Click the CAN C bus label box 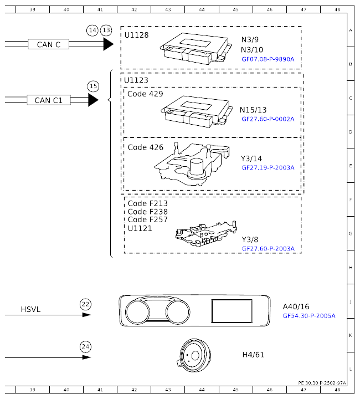coord(48,44)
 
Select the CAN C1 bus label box coord(49,100)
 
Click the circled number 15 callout coord(93,86)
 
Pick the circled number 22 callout coord(85,304)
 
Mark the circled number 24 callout coord(85,347)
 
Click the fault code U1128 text coord(137,34)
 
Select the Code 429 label coord(145,94)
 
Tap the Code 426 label coord(145,147)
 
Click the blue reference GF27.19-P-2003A coord(268,167)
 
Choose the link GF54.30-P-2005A coord(309,316)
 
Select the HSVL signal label coord(31,309)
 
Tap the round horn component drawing coord(194,354)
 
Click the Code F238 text coord(147,212)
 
